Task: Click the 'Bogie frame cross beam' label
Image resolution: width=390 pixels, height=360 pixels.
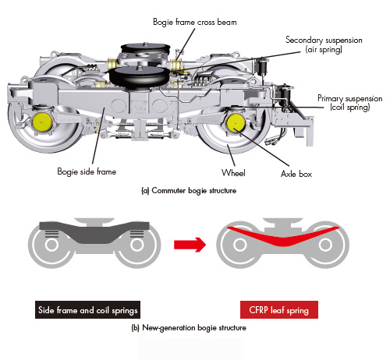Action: [x=195, y=22]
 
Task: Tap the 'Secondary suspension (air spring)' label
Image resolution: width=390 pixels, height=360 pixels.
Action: [x=324, y=44]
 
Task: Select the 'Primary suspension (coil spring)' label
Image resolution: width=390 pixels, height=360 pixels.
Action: [x=350, y=103]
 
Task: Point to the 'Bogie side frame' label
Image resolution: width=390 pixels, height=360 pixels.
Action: [x=87, y=171]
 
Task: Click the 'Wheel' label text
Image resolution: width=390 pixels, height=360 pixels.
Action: [x=233, y=173]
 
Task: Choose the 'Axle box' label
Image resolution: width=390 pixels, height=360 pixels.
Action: [x=296, y=174]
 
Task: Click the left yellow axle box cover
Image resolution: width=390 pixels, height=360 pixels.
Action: [x=42, y=122]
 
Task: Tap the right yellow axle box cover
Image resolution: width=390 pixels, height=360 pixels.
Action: [x=236, y=122]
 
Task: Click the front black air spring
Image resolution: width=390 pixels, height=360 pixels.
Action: [x=139, y=76]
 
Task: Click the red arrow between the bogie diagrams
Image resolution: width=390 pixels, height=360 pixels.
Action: [x=190, y=245]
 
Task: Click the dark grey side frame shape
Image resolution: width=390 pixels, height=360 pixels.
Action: [x=94, y=231]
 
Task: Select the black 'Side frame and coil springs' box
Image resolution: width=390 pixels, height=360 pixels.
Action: [x=87, y=309]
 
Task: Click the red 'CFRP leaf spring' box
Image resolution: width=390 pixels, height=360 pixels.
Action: [x=279, y=309]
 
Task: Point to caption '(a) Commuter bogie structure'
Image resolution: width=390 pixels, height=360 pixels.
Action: [x=189, y=191]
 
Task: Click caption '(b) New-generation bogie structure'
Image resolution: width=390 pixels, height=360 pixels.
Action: [x=189, y=328]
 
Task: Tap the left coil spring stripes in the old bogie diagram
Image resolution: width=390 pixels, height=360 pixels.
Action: [x=51, y=234]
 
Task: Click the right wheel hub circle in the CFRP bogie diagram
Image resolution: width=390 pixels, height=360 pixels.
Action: [x=325, y=245]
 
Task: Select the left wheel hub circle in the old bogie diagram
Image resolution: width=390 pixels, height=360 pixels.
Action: [x=51, y=245]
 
